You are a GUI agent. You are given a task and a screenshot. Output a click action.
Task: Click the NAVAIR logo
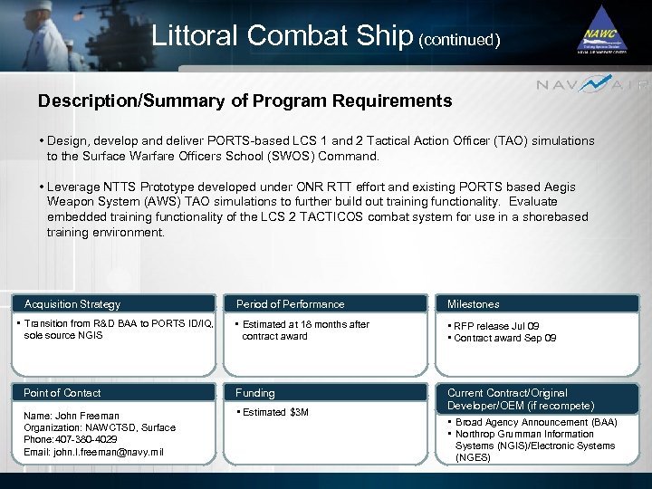(x=593, y=85)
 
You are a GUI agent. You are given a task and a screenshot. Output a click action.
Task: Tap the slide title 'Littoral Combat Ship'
(x=283, y=36)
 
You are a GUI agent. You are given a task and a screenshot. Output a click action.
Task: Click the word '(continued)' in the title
(x=460, y=40)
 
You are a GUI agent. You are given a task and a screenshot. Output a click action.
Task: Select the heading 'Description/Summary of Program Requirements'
(x=244, y=101)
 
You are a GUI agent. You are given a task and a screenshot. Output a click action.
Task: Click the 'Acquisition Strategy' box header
(x=72, y=304)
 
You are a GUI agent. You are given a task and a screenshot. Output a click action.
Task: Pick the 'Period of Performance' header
(x=290, y=304)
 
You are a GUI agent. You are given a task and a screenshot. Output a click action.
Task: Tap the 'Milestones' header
(x=473, y=304)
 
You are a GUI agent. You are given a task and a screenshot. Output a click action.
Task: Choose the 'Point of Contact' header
(x=62, y=393)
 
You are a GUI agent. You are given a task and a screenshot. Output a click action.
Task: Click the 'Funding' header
(x=255, y=393)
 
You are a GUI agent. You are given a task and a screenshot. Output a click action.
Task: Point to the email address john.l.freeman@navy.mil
(x=93, y=452)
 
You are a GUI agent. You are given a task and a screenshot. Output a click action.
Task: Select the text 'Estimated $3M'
(x=275, y=413)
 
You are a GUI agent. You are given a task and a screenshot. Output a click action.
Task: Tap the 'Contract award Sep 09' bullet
(x=504, y=338)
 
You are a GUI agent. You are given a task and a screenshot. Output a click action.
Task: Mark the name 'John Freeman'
(x=89, y=416)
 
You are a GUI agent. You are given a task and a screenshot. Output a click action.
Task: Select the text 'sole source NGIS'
(x=63, y=335)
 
